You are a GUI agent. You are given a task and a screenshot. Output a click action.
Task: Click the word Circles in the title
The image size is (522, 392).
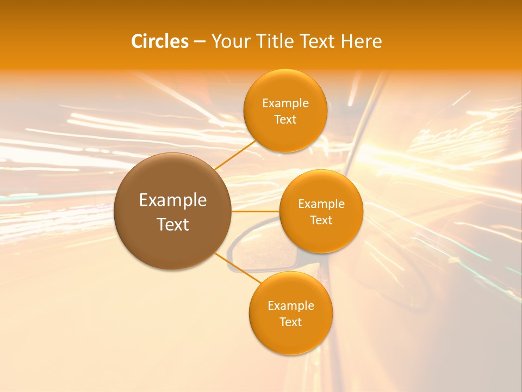coord(159,41)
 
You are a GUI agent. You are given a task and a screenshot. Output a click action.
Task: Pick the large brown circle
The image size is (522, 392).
coord(172,245)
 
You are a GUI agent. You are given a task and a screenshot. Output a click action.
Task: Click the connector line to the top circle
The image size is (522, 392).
coord(235,155)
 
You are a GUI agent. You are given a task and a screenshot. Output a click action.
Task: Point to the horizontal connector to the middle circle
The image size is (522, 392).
coord(255,211)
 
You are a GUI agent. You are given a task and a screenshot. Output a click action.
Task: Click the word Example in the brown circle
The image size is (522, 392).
coord(173,200)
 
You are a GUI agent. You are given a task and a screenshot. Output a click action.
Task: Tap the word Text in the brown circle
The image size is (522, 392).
coord(173,224)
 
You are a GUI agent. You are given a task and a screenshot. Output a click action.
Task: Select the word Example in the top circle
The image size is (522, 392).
coord(285,103)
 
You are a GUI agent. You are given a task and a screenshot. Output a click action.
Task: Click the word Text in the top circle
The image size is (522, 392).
coord(285,120)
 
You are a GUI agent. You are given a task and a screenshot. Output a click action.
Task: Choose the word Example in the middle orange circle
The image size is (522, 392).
coord(321,204)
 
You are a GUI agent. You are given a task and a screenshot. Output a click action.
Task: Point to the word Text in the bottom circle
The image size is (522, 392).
coord(291,322)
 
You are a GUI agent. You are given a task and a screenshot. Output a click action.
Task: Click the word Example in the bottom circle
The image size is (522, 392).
coord(291,306)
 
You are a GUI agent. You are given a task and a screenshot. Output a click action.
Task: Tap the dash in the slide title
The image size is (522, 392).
coord(200,42)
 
